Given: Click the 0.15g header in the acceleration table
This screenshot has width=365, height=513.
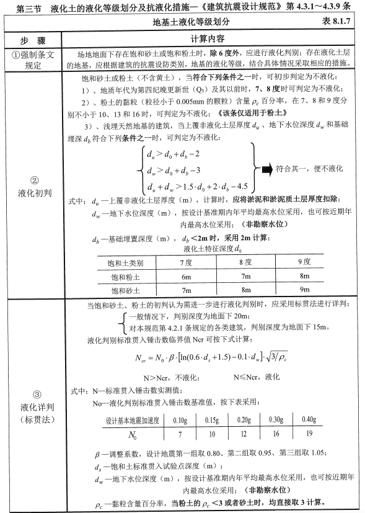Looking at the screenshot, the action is (212, 420).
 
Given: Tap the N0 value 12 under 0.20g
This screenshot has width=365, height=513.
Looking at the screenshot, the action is (244, 435).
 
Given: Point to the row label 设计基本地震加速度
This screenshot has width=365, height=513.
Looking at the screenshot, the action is (133, 420).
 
